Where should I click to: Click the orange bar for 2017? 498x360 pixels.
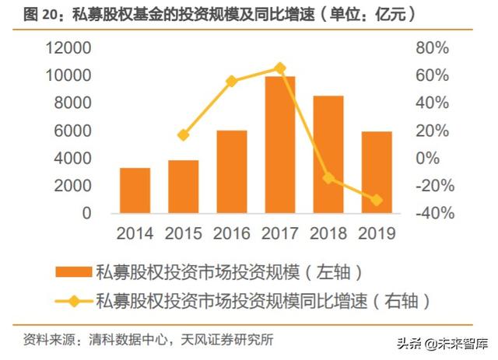point(280,145)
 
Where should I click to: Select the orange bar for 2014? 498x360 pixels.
point(135,190)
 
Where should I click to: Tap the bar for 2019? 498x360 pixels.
point(377,173)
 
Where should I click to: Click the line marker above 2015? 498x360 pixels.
point(184,135)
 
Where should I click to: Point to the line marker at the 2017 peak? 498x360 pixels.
point(280,68)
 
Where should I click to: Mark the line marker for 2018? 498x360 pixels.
point(328,178)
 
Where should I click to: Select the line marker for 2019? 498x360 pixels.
point(377,201)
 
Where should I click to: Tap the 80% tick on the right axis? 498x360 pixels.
point(433,48)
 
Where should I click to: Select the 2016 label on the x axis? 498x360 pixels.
point(232,232)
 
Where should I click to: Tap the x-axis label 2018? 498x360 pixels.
point(328,232)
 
